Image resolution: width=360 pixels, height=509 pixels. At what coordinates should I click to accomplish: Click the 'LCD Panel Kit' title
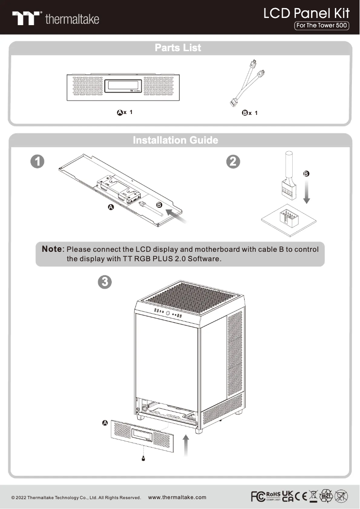pyautogui.click(x=306, y=13)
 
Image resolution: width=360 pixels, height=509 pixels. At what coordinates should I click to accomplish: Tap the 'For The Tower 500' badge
pyautogui.click(x=321, y=26)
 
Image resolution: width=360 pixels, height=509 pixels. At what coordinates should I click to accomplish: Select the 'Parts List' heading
pyautogui.click(x=178, y=48)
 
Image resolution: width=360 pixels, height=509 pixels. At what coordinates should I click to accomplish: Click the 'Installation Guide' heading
pyautogui.click(x=176, y=140)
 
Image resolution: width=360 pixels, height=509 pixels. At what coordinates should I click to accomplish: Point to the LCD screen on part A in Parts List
pyautogui.click(x=124, y=86)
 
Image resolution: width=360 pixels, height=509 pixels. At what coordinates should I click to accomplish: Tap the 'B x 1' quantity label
pyautogui.click(x=250, y=113)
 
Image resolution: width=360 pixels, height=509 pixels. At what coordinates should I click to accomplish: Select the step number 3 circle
pyautogui.click(x=104, y=282)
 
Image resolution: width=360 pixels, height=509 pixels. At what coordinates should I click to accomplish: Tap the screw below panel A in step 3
pyautogui.click(x=143, y=458)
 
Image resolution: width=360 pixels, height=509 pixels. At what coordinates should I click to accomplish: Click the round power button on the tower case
pyautogui.click(x=167, y=313)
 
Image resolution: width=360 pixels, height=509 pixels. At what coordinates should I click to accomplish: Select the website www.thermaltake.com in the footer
pyautogui.click(x=177, y=497)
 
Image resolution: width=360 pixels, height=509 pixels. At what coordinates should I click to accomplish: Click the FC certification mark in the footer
pyautogui.click(x=258, y=496)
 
